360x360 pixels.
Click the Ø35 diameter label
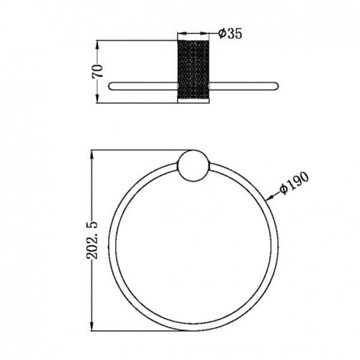pos(230,34)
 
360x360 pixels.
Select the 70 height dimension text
pos(98,71)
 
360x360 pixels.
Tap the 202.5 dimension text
pos(92,240)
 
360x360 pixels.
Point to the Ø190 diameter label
pos(295,183)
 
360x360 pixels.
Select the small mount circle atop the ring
pos(194,166)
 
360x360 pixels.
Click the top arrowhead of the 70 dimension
pos(97,44)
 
